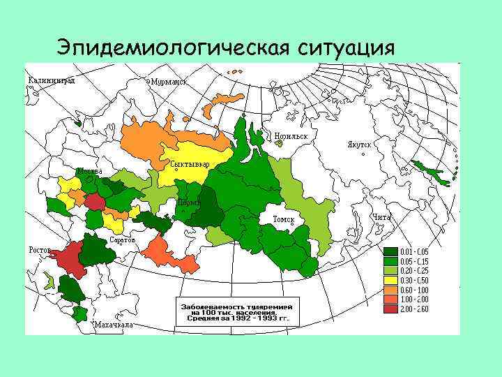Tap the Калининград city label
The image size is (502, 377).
point(52,79)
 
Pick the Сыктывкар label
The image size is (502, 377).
point(190,164)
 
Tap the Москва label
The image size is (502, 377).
point(89,171)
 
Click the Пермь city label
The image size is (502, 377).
point(189,202)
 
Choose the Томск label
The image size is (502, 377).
point(284,220)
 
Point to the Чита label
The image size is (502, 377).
point(382,217)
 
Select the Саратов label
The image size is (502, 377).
point(123,239)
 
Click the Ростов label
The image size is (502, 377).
point(39,250)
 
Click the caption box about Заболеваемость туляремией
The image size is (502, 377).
point(236,313)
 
